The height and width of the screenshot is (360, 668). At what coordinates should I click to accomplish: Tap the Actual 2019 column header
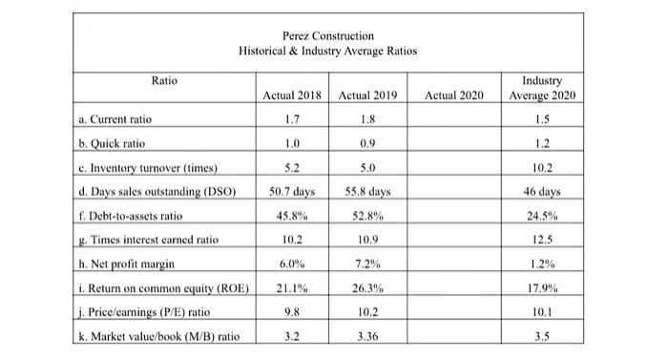(367, 95)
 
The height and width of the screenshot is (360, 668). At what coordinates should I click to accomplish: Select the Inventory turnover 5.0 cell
(366, 168)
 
